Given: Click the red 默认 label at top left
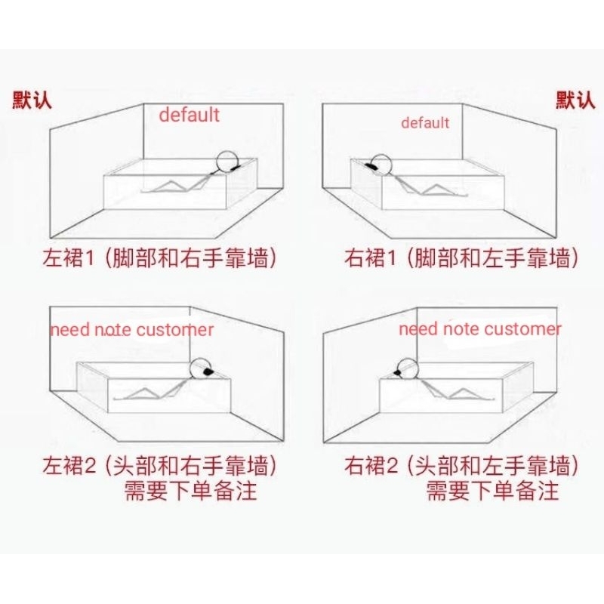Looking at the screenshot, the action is click(32, 100).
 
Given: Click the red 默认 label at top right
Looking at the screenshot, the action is click(575, 100).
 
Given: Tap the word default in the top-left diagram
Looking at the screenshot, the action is click(189, 115).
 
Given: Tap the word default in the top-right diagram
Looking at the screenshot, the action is click(425, 122).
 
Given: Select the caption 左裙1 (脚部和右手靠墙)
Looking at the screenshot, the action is click(159, 258).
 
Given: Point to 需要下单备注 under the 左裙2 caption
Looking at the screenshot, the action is click(191, 491).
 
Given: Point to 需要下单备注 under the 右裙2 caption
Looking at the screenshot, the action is click(493, 491).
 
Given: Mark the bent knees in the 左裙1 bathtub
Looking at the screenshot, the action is click(172, 183).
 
